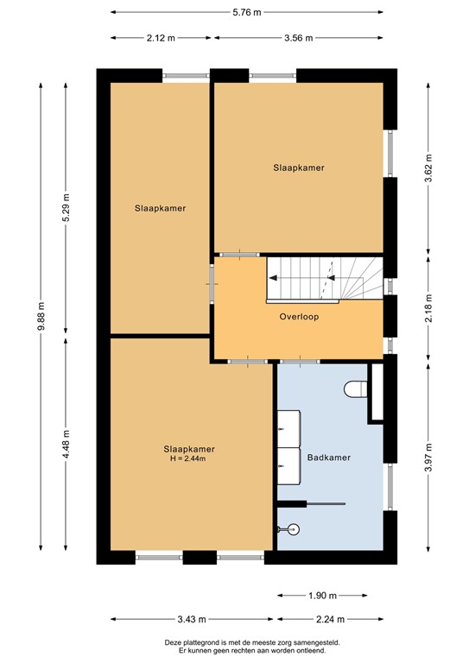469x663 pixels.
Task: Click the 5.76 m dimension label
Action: click(x=247, y=13)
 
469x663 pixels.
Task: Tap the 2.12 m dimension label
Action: click(x=162, y=37)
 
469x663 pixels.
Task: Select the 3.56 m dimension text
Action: click(x=298, y=37)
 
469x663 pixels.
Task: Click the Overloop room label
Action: click(x=299, y=317)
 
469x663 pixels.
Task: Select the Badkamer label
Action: click(x=328, y=458)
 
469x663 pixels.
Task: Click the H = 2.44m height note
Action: click(x=189, y=458)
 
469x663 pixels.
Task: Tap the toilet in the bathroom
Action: click(x=355, y=389)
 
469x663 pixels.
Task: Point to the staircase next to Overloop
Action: click(x=324, y=279)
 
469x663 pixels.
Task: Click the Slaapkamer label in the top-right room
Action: click(x=298, y=167)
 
